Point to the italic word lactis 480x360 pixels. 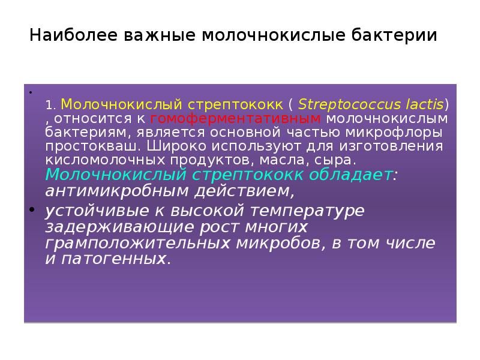pos(421,103)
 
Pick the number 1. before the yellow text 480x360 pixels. pos(51,104)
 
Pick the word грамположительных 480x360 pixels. pos(147,244)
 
